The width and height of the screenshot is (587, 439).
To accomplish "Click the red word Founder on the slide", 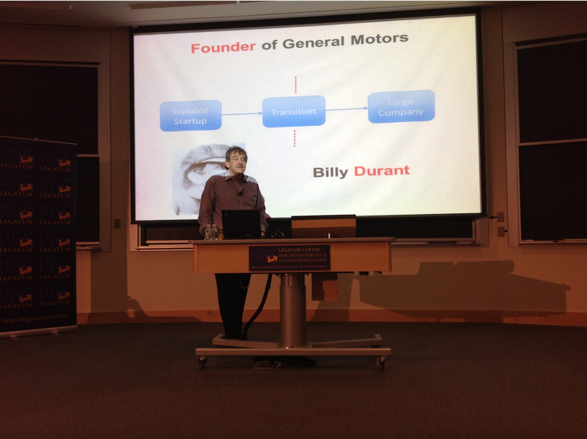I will click(x=223, y=47).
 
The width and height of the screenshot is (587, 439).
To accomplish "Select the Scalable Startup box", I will click(x=190, y=115).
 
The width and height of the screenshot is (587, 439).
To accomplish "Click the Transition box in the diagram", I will click(x=293, y=112).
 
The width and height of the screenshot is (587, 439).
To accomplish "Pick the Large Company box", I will click(x=401, y=107).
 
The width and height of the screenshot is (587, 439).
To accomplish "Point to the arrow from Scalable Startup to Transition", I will click(x=242, y=114).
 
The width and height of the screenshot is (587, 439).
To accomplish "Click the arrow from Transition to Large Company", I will click(x=346, y=109).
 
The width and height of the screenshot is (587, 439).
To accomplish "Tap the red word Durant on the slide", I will click(x=382, y=171).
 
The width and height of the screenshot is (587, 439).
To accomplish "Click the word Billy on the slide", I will click(x=330, y=172).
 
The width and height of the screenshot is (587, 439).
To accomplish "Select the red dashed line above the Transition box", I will click(x=295, y=85).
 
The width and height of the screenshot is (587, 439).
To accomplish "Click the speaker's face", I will click(x=237, y=161).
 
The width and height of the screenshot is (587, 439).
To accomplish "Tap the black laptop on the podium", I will click(x=241, y=224).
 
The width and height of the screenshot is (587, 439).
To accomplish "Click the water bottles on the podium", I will click(x=213, y=232).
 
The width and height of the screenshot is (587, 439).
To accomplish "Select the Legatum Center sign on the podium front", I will click(x=289, y=258).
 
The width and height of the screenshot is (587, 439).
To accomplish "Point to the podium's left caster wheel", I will click(x=202, y=363).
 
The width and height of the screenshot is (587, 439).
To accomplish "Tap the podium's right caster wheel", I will click(x=381, y=363).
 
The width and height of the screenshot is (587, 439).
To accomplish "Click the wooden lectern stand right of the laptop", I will click(x=323, y=227).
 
